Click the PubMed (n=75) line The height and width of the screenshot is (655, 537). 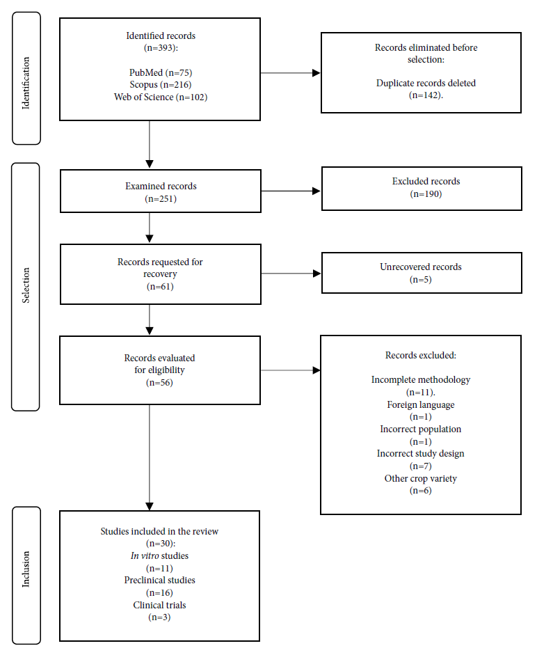click(x=161, y=72)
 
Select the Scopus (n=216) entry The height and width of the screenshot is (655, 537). click(x=161, y=85)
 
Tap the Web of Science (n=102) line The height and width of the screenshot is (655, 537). click(x=161, y=97)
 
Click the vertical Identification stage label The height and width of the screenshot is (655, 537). click(x=26, y=83)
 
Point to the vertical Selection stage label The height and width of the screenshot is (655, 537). click(x=26, y=285)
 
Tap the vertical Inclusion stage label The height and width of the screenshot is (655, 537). click(x=26, y=569)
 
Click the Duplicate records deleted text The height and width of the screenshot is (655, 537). click(x=426, y=83)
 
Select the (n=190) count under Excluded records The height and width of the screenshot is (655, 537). click(x=426, y=194)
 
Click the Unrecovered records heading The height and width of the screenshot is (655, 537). click(x=421, y=267)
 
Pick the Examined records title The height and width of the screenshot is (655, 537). click(x=161, y=187)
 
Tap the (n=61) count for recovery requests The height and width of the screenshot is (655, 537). click(x=161, y=287)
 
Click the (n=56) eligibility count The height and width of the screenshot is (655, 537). click(x=159, y=383)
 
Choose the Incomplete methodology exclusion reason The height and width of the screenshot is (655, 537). click(x=421, y=380)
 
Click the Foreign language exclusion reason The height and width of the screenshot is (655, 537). click(x=421, y=405)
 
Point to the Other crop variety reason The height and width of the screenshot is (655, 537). click(x=421, y=479)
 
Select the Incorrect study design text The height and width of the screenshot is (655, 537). click(x=421, y=454)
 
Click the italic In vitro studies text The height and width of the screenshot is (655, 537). click(x=159, y=556)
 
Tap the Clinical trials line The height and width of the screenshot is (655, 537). click(x=159, y=606)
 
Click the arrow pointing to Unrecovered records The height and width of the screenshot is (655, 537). click(x=291, y=274)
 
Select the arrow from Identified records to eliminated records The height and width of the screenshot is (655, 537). click(x=291, y=72)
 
